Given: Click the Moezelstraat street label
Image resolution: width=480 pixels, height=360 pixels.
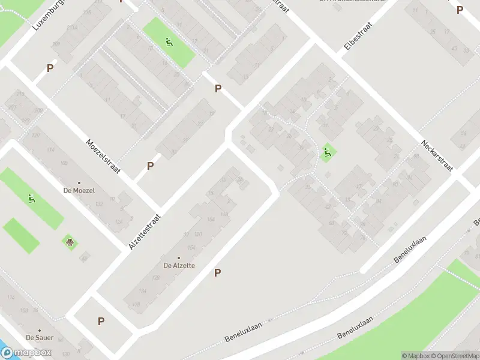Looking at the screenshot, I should (103, 157).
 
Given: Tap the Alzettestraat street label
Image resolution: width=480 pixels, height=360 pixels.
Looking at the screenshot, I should (145, 232).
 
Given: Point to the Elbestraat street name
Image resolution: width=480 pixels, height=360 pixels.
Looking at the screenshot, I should (358, 35).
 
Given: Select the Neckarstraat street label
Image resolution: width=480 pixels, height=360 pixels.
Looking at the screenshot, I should (436, 155).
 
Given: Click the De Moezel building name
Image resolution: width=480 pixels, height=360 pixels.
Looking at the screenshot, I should (79, 190).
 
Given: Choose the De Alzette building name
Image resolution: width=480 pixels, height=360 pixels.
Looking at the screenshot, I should (179, 265).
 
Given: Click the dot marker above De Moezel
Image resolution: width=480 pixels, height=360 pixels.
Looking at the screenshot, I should (79, 182).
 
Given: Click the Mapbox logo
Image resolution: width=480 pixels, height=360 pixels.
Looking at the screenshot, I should (26, 353).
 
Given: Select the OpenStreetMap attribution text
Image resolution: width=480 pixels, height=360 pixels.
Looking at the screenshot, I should (457, 356).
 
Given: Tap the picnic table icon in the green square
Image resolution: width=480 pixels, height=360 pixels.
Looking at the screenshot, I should (70, 242).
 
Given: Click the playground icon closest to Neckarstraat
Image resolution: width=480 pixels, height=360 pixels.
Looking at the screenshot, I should (327, 154).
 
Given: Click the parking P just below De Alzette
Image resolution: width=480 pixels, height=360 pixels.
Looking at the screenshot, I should (218, 273).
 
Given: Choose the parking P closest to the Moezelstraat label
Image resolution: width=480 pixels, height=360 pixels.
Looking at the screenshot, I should (150, 166).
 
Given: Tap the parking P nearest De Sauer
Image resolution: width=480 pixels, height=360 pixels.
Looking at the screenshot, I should (101, 321).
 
